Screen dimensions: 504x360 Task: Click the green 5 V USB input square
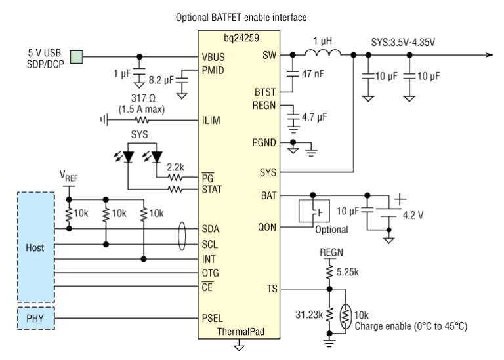click(77, 57)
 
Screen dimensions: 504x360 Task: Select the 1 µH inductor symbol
click(323, 53)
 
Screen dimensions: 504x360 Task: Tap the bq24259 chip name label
click(241, 38)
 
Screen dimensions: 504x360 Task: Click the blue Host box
click(35, 247)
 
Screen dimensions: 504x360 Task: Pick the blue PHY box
click(35, 318)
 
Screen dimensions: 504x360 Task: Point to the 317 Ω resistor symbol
click(142, 121)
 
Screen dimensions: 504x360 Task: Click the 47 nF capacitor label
click(313, 74)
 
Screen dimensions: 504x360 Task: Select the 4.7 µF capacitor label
click(314, 117)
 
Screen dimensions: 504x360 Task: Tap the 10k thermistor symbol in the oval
click(346, 316)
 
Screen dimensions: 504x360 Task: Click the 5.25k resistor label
click(347, 272)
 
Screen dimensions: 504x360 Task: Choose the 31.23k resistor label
click(309, 315)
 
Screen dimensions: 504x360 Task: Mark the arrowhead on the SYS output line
click(489, 55)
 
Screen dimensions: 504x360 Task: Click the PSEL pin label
click(212, 318)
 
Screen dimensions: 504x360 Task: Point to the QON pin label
click(267, 228)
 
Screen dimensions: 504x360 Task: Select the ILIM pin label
click(211, 121)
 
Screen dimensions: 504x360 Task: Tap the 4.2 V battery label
click(413, 215)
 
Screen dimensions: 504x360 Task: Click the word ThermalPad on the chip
click(241, 331)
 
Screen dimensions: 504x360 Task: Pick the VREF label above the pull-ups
click(68, 176)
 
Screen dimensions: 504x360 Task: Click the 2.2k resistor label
click(175, 167)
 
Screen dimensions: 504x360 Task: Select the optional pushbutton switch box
click(314, 211)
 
